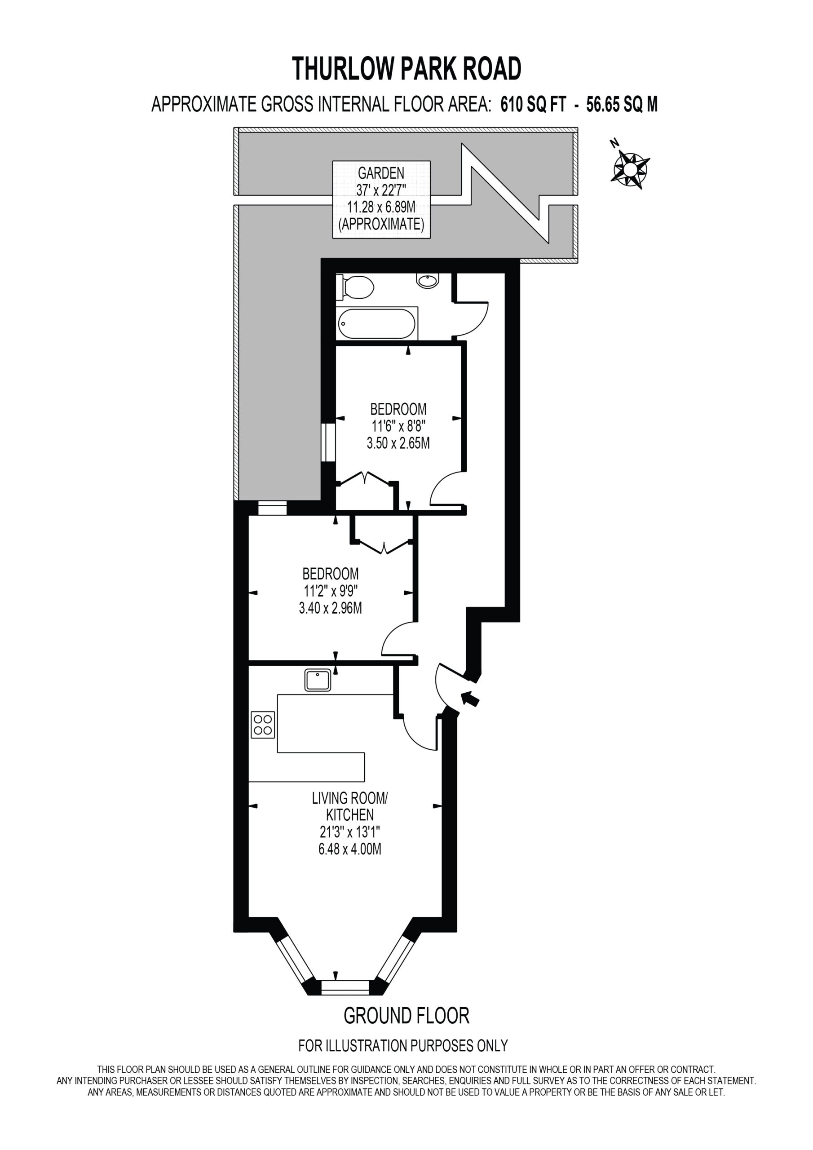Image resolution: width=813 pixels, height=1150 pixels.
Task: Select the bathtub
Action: click(377, 323)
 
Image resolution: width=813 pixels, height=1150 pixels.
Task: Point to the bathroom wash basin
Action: click(428, 280)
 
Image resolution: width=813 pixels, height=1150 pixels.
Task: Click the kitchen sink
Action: click(318, 680)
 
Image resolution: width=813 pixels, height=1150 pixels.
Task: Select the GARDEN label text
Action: click(381, 173)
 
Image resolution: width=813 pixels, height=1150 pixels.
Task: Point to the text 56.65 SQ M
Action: click(622, 105)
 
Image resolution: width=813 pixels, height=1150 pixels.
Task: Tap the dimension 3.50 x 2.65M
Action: click(398, 443)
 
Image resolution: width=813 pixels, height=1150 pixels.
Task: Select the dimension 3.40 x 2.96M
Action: click(331, 608)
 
